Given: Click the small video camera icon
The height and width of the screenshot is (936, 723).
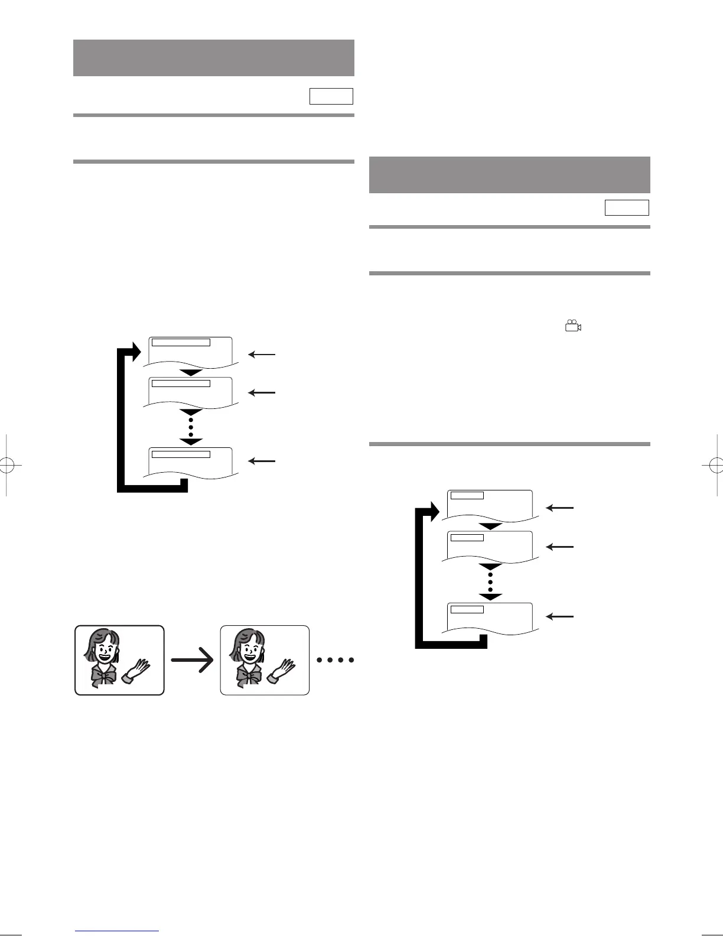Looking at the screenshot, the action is click(573, 326).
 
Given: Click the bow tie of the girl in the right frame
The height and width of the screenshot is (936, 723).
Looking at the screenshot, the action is click(248, 674).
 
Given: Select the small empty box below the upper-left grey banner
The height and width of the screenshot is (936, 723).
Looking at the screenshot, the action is click(331, 96).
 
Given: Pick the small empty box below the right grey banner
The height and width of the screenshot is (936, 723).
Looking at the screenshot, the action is click(627, 207).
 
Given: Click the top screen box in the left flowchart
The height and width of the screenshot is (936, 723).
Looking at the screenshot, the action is click(191, 352).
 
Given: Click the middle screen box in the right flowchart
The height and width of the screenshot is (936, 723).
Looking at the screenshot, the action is click(489, 546).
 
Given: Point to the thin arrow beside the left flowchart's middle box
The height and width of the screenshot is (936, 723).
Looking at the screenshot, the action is click(262, 392).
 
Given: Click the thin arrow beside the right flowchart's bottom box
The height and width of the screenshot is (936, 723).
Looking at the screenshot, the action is click(559, 616).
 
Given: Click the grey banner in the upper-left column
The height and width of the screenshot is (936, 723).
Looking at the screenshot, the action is click(213, 58).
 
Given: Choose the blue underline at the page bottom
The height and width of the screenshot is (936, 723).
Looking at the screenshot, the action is click(117, 932).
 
